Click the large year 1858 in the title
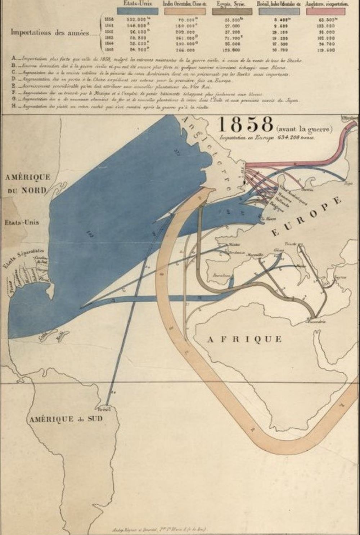pos(246,125)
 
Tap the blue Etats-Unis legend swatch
pos(138,11)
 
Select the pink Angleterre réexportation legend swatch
pos(326,11)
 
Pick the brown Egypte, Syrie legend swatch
pos(231,11)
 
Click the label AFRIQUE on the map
pos(245,339)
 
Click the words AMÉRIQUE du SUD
pos(66,419)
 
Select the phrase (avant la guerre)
pos(304,128)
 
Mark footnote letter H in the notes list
pos(14,107)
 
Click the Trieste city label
pos(290,244)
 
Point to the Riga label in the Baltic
pos(348,183)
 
